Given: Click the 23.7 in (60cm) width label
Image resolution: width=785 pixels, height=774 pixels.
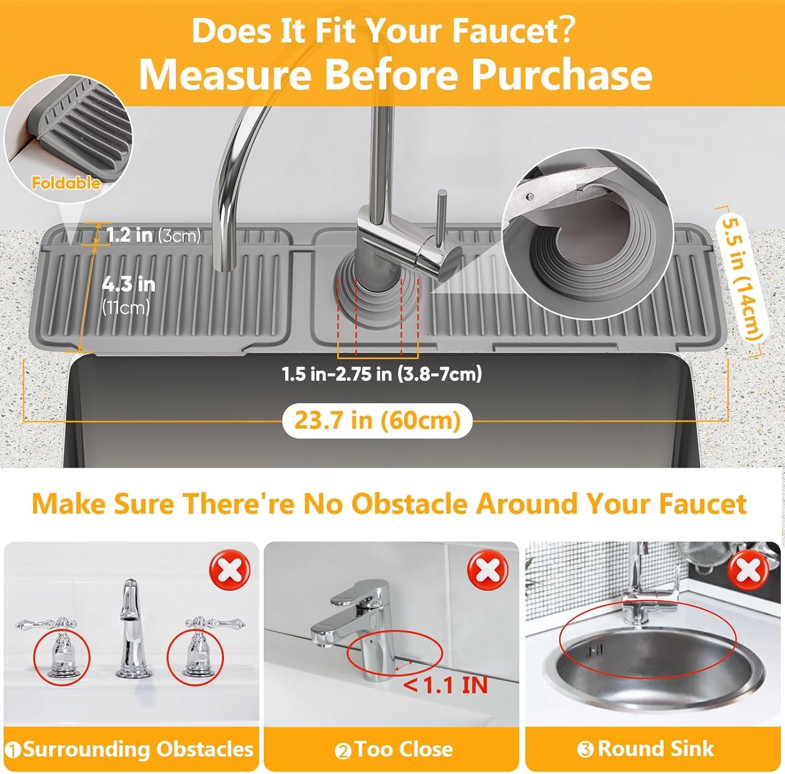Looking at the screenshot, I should (377, 421).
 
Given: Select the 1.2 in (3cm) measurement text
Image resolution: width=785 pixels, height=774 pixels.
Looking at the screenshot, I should (153, 235).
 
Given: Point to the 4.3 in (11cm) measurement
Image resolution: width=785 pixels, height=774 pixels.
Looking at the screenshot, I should (128, 294).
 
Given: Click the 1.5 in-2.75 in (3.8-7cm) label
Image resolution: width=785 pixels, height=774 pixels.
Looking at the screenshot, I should (382, 374).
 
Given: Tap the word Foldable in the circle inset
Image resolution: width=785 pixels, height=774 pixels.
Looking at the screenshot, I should (66, 183).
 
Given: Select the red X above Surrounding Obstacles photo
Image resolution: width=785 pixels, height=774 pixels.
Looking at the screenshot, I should (230, 570).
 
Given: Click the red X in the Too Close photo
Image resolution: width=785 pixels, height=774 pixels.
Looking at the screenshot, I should (487, 570).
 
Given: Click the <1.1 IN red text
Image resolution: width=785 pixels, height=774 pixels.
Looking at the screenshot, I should (446, 685).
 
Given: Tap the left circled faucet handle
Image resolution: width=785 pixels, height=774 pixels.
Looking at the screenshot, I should (62, 649).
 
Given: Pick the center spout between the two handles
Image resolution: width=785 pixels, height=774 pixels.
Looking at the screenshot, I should (130, 628).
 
